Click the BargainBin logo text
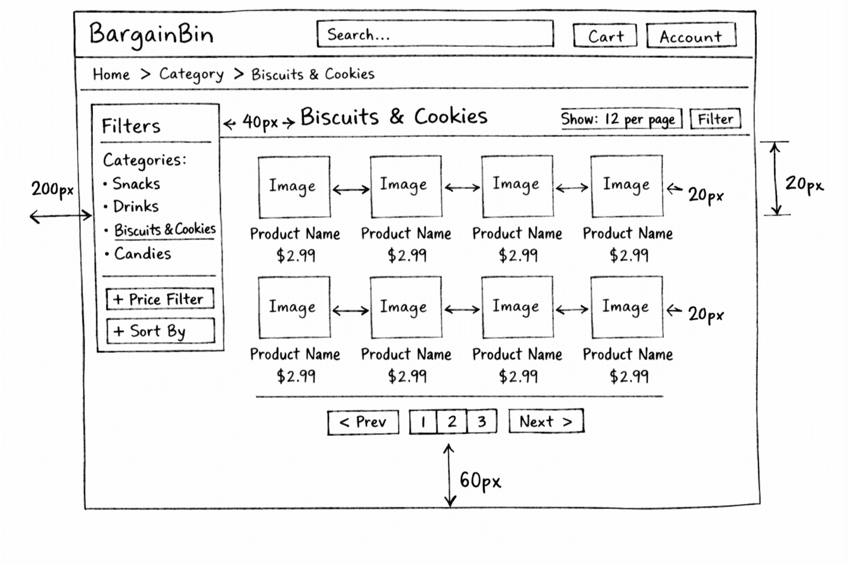pos(151,34)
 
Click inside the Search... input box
pos(435,35)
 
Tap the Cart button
pos(605,36)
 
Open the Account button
pos(691,36)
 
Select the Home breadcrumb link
pos(111,74)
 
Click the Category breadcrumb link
pos(191,74)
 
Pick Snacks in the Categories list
pos(136,184)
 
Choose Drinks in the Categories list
pos(136,207)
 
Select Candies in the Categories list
pos(142,253)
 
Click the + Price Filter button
pos(159,299)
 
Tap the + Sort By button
pos(159,331)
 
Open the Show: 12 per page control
pos(620,119)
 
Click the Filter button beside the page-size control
pos(715,119)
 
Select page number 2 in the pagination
pos(452,422)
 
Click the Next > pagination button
pos(546,422)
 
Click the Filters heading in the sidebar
pos(131,126)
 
